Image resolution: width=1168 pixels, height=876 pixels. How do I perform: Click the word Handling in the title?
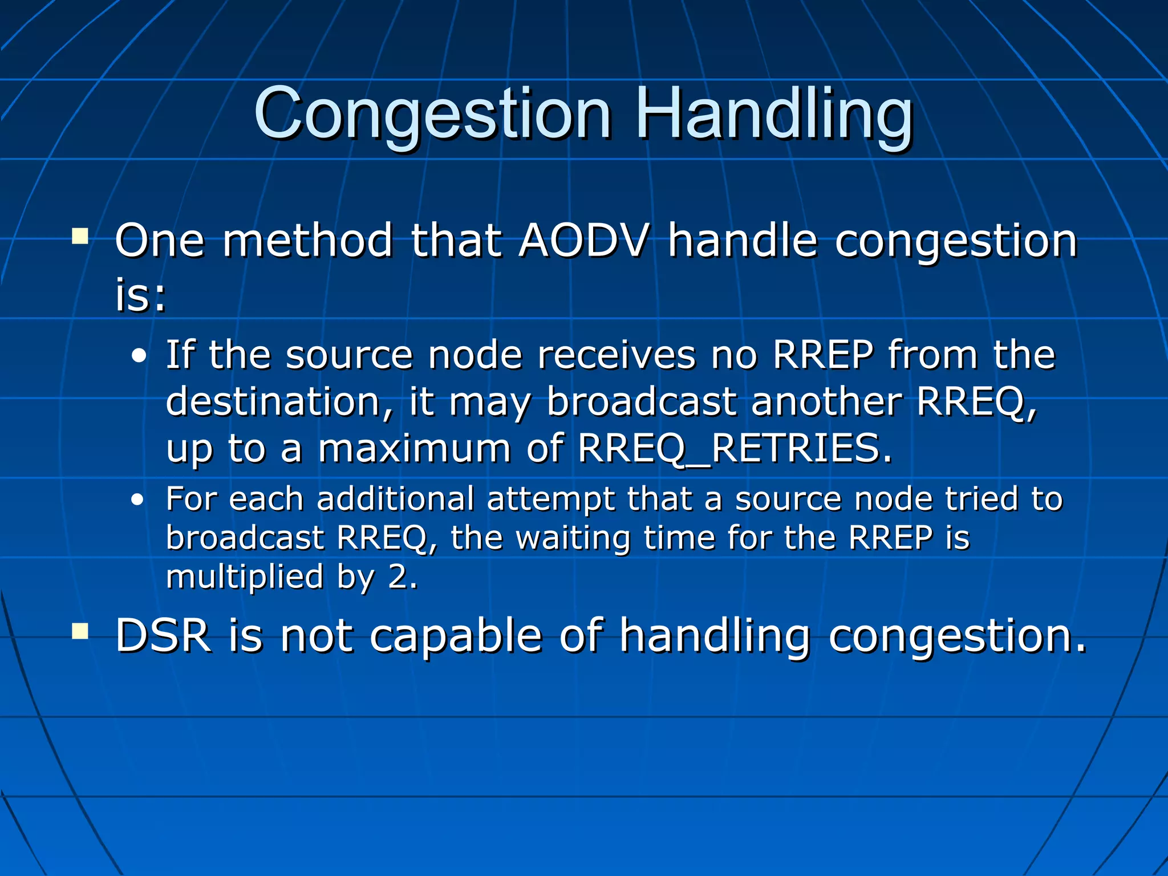point(774,114)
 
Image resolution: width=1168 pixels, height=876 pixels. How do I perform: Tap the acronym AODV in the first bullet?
point(583,240)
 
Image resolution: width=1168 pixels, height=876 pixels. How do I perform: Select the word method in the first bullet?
point(307,240)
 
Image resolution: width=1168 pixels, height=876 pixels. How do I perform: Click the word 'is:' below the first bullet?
point(140,295)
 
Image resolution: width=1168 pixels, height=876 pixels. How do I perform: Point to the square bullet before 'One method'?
point(80,236)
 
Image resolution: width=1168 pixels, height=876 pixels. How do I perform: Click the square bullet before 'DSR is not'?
point(80,631)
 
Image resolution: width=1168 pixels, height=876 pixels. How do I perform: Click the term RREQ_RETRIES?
point(735,448)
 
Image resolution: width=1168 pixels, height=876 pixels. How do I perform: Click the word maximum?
point(414,448)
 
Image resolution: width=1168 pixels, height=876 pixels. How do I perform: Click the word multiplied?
point(245,577)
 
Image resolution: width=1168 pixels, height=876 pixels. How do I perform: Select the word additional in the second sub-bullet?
point(395,499)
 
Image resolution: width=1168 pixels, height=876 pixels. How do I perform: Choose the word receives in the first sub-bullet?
point(617,355)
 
